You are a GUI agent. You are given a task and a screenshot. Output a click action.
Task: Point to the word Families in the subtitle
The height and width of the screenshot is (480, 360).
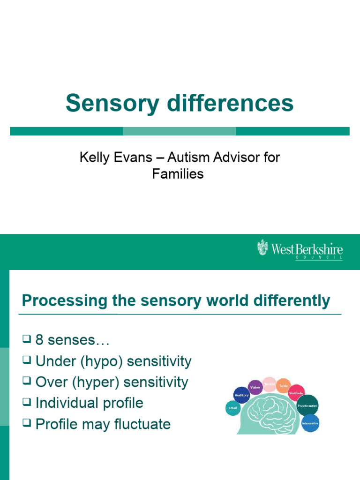click(178, 174)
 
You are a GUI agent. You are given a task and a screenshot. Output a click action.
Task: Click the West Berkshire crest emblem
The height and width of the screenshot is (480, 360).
click(263, 247)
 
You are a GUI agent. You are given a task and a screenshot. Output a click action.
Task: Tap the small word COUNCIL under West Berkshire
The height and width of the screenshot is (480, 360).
click(319, 257)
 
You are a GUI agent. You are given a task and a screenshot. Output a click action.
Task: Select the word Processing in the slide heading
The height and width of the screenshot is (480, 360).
click(58, 300)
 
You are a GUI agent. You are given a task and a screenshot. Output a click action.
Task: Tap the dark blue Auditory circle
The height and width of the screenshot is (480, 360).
click(241, 395)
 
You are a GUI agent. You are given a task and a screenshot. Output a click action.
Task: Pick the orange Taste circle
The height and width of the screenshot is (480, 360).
click(284, 386)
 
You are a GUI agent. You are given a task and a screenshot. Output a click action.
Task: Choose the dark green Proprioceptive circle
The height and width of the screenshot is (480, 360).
click(307, 405)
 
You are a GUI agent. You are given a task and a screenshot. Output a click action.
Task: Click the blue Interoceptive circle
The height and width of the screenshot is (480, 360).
click(310, 423)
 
